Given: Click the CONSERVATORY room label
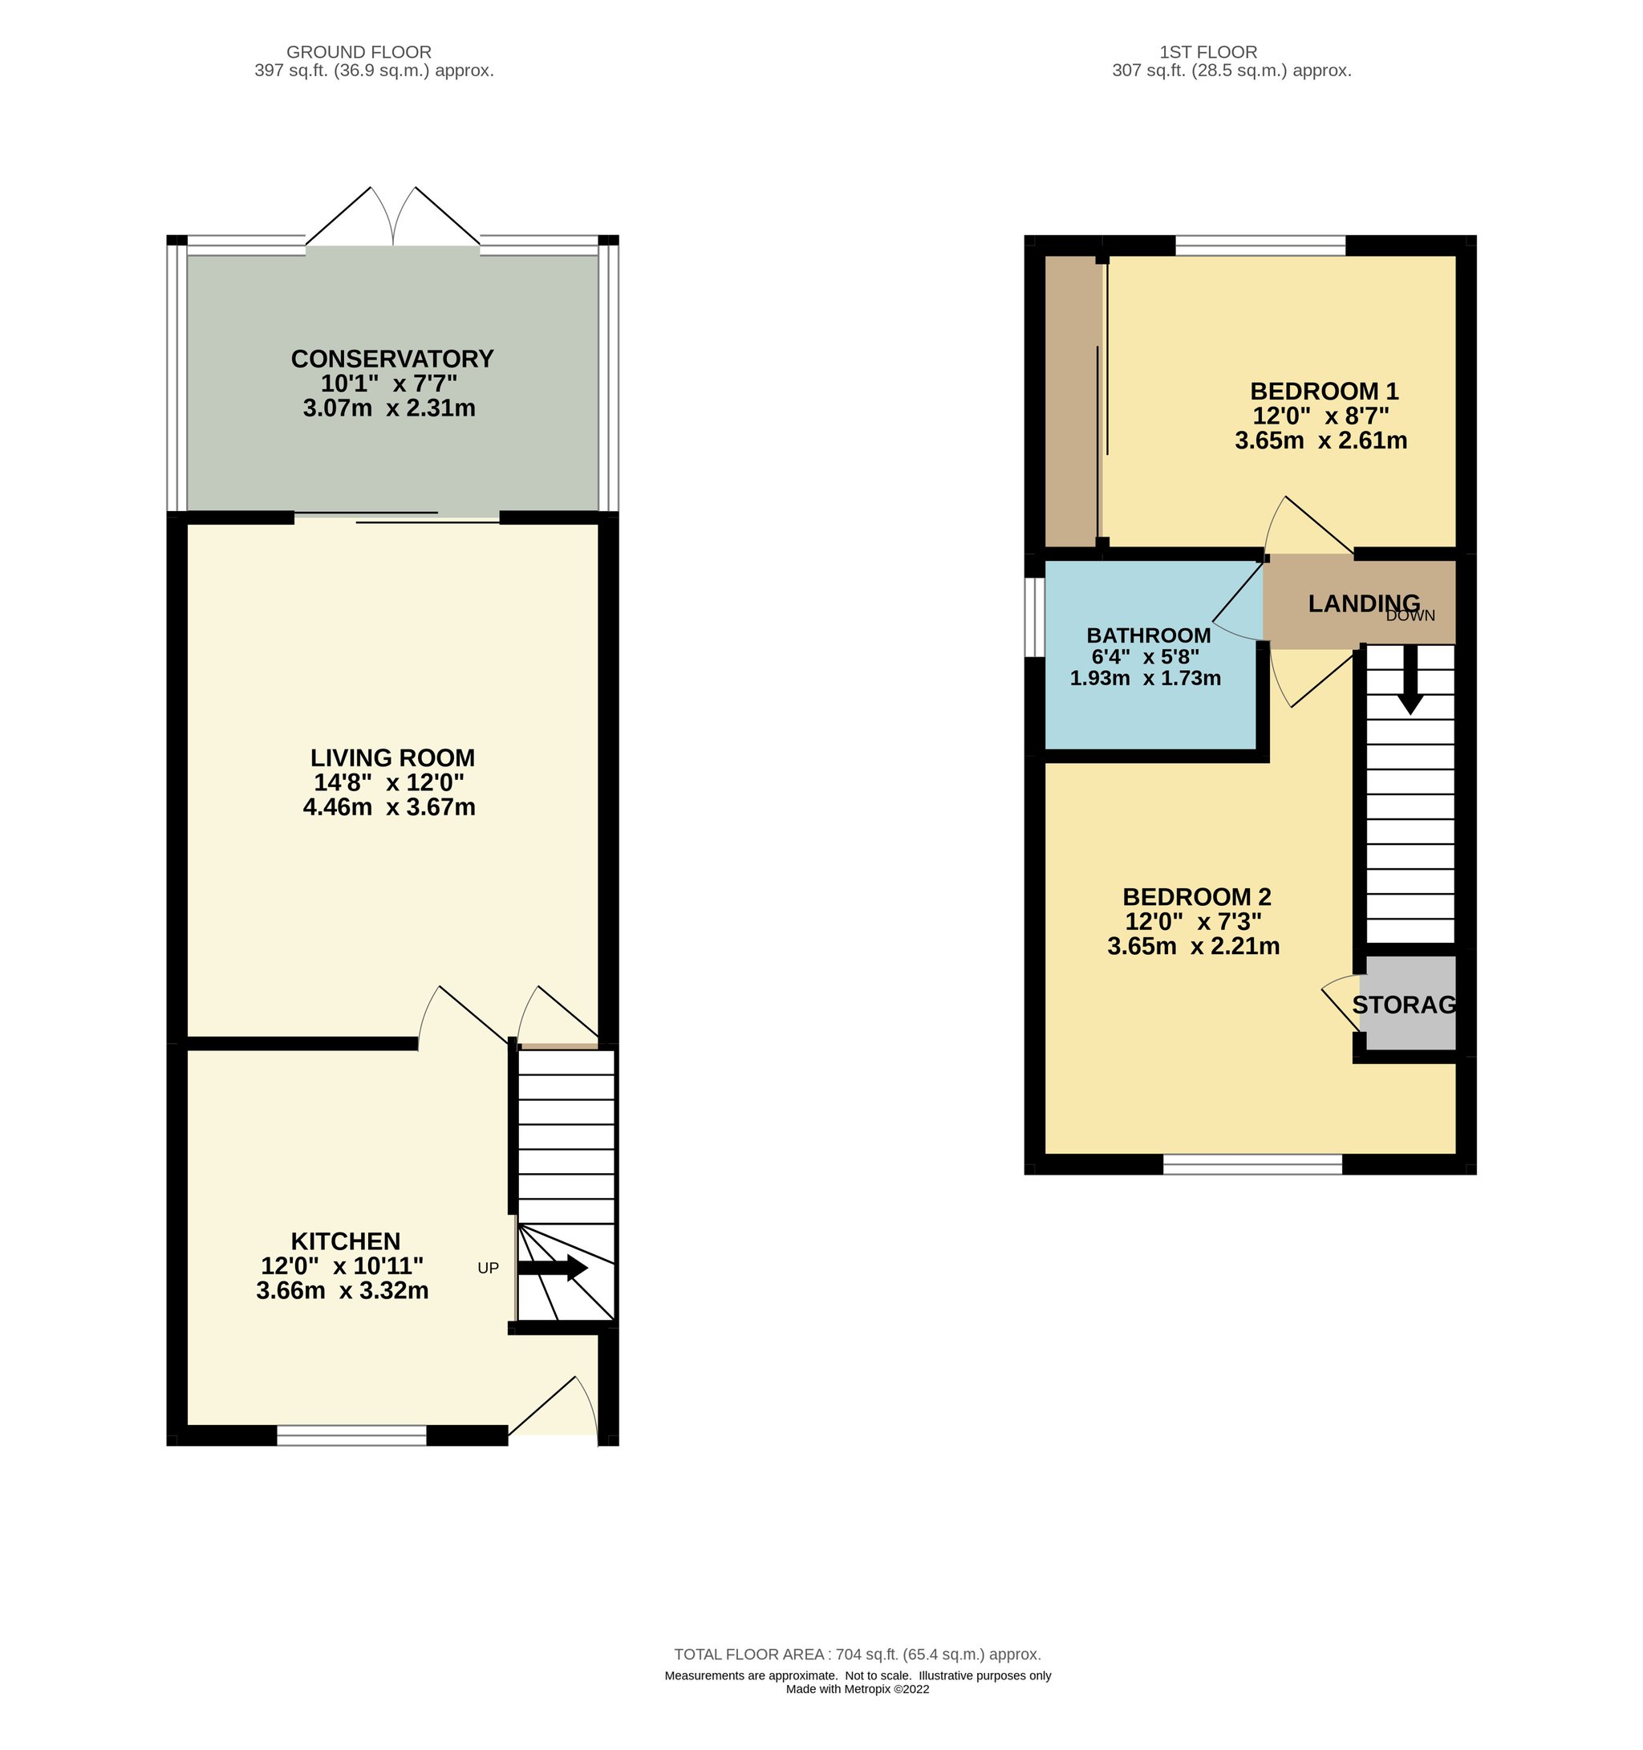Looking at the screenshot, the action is pyautogui.click(x=391, y=359).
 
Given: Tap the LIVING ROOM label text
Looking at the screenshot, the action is pyautogui.click(x=392, y=758).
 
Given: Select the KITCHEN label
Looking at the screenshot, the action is pyautogui.click(x=345, y=1241).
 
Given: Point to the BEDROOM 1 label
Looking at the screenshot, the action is pyautogui.click(x=1324, y=391).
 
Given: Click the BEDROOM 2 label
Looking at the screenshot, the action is pyautogui.click(x=1196, y=897).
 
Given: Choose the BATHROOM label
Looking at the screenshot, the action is pyautogui.click(x=1149, y=635).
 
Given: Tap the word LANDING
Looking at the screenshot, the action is pyautogui.click(x=1363, y=603).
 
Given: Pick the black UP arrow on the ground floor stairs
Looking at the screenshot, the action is pyautogui.click(x=553, y=1269).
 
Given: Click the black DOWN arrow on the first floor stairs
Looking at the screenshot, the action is pyautogui.click(x=1410, y=680).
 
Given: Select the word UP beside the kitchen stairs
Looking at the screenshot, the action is pyautogui.click(x=488, y=1268).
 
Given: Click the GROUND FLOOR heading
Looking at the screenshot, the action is pyautogui.click(x=359, y=52).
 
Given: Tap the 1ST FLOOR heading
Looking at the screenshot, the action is pyautogui.click(x=1208, y=52).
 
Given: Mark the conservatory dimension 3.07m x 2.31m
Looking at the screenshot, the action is pyautogui.click(x=389, y=408).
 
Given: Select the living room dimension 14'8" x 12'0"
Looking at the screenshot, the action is pyautogui.click(x=389, y=782).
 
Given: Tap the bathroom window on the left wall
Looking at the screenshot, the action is pyautogui.click(x=1034, y=617).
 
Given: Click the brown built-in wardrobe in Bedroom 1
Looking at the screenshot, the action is pyautogui.click(x=1073, y=401).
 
